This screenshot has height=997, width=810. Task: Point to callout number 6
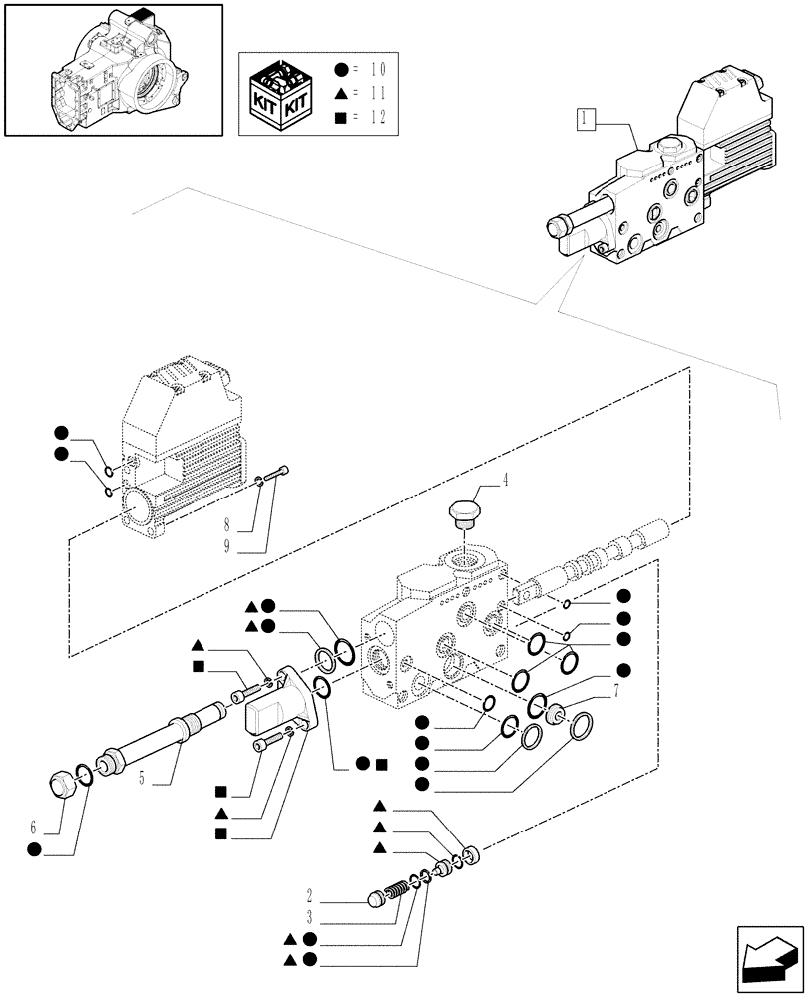(33, 827)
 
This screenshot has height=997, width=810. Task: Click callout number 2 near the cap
(311, 894)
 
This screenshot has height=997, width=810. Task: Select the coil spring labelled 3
(397, 884)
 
